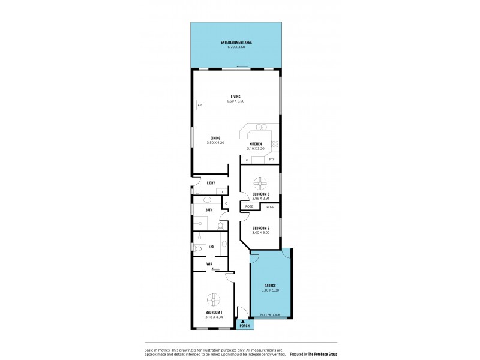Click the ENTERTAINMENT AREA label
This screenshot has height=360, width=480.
[x=236, y=42]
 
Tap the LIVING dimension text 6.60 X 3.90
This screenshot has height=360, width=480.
[x=236, y=101]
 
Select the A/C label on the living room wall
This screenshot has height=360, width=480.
[x=199, y=106]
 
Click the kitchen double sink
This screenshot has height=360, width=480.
[x=262, y=127]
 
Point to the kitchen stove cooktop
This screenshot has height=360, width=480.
[x=275, y=143]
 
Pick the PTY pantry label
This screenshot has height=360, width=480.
[x=272, y=160]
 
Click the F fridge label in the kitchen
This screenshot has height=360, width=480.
[x=247, y=160]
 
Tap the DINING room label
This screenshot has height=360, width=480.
[x=215, y=138]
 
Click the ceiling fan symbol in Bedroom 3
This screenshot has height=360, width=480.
[x=260, y=182]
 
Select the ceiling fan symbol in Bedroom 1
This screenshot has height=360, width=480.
[x=214, y=299]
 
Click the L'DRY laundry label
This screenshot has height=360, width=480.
[x=211, y=182]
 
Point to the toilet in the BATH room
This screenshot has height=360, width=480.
[x=221, y=226]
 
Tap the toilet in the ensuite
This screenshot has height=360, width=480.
[x=198, y=247]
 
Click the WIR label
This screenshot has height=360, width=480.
[x=209, y=263]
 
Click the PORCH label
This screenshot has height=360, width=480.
[x=244, y=326]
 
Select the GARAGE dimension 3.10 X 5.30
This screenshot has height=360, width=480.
[x=269, y=290]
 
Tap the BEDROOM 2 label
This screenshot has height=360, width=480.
[x=260, y=227]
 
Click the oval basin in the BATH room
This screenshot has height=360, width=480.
[x=207, y=200]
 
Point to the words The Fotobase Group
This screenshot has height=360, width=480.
[x=320, y=354]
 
